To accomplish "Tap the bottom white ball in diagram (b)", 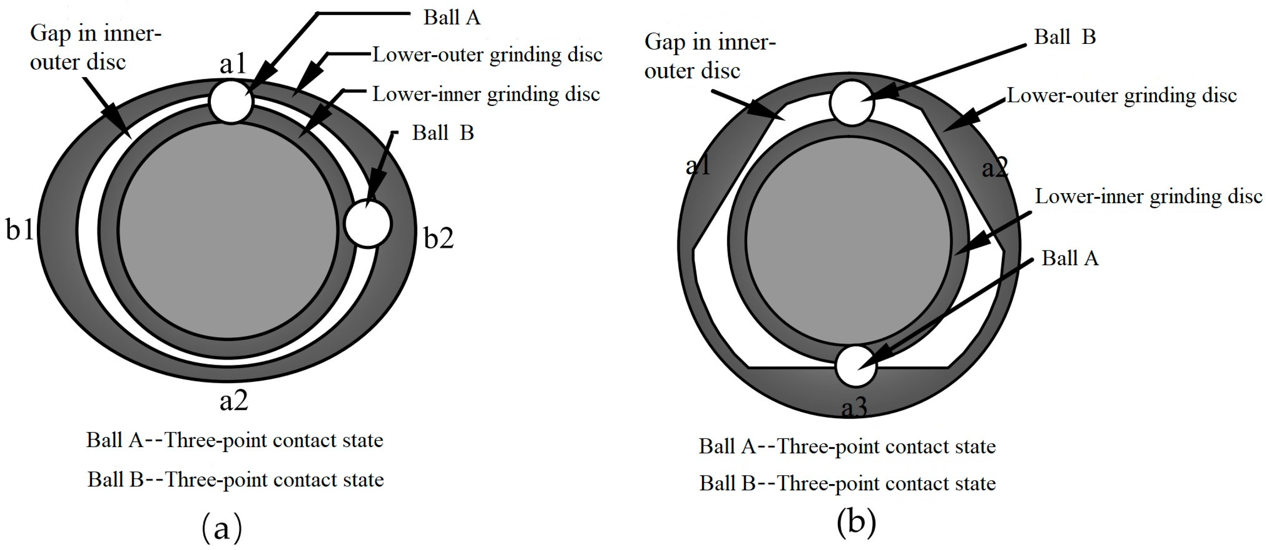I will (856, 366).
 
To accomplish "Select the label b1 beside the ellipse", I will (20, 229).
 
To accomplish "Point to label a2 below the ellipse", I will (234, 400).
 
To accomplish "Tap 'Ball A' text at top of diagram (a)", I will (451, 17).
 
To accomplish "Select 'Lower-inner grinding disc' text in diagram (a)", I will (486, 94).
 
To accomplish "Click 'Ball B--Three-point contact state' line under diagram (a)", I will (236, 479).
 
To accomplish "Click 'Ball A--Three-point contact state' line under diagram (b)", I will (847, 446).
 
